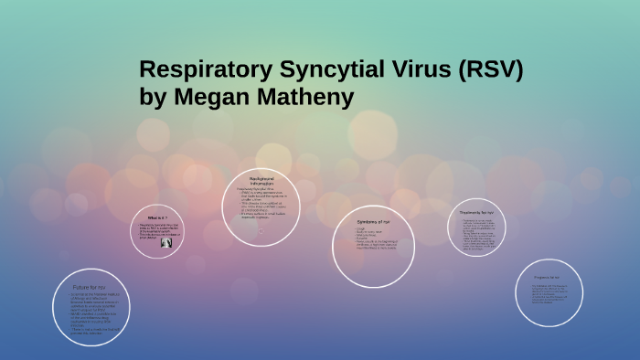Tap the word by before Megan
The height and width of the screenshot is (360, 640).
click(152, 96)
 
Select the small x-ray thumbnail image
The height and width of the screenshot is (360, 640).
click(166, 243)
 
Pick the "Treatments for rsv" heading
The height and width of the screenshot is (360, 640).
click(478, 212)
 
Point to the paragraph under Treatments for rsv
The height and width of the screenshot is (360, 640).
click(479, 234)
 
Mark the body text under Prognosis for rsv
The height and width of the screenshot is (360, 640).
click(549, 296)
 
